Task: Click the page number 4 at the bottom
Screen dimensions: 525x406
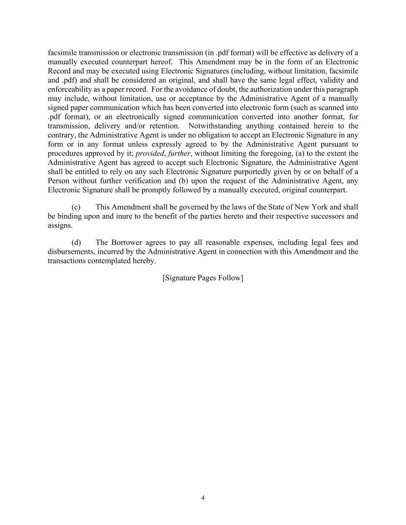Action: point(203,498)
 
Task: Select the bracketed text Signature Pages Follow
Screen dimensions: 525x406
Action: point(203,278)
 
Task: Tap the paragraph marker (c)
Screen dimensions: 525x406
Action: point(76,207)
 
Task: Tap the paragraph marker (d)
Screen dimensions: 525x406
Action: point(76,243)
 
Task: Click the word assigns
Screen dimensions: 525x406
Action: point(60,225)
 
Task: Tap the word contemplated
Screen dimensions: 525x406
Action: point(105,261)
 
